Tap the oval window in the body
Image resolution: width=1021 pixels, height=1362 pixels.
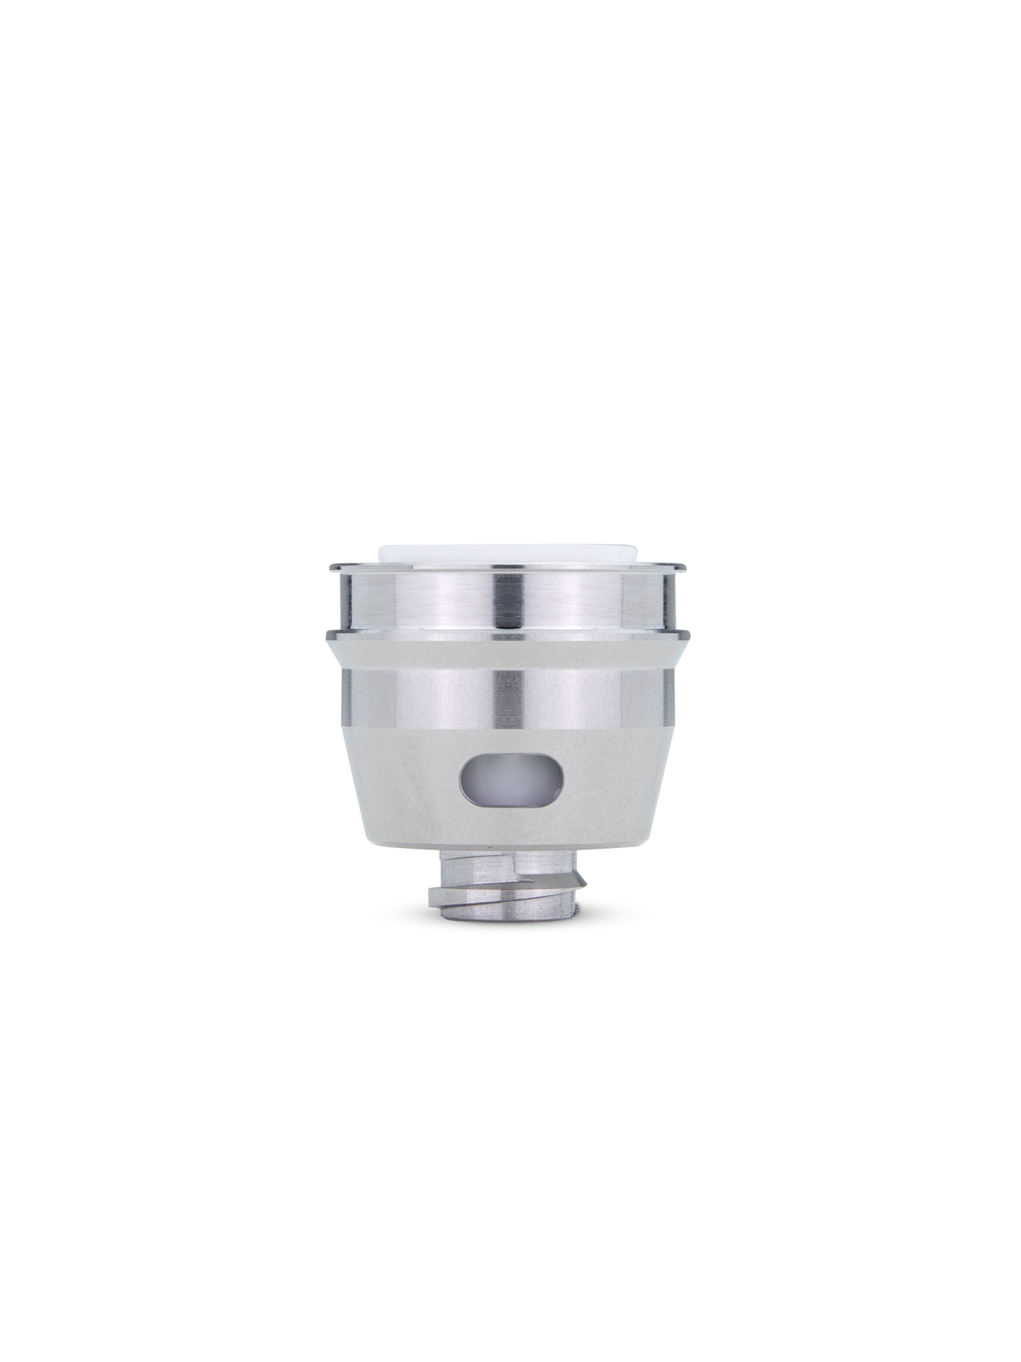[512, 784]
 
